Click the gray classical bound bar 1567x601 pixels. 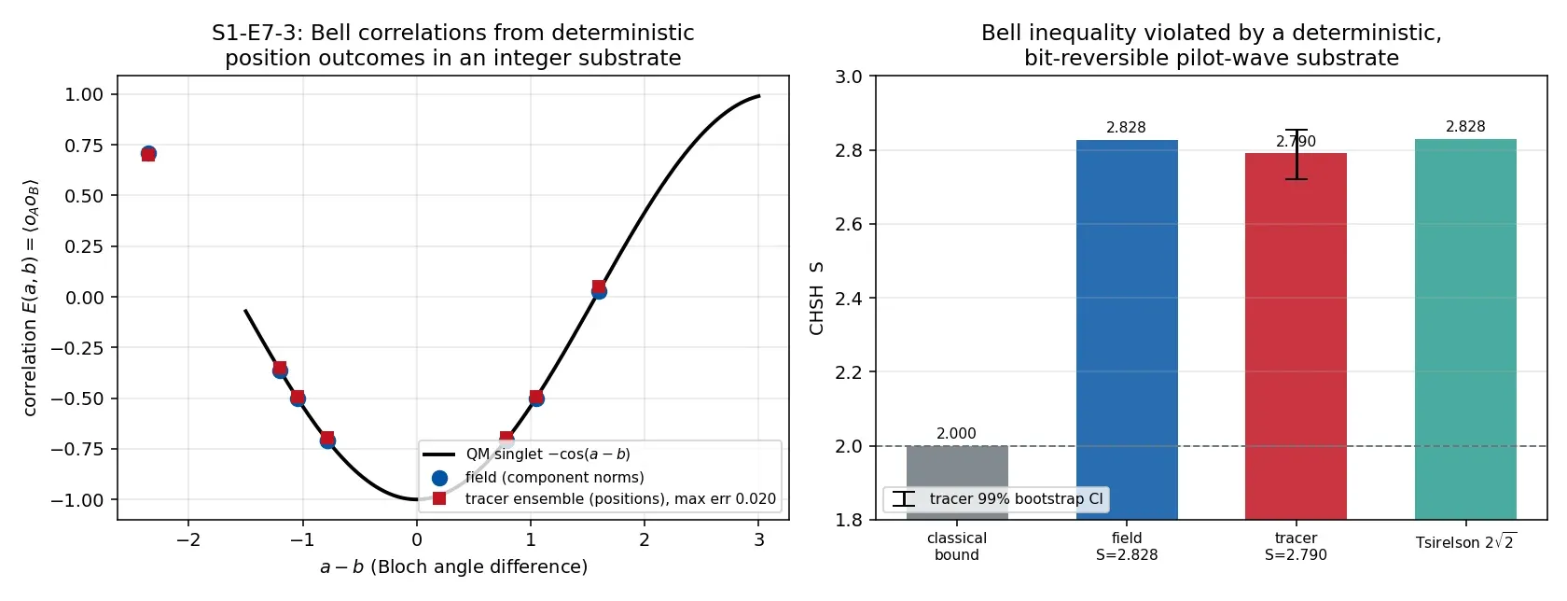[x=957, y=482]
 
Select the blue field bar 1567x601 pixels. [x=1127, y=329]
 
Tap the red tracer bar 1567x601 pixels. [x=1296, y=336]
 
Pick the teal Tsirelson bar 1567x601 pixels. [x=1465, y=328]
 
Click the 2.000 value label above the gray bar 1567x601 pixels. [x=956, y=434]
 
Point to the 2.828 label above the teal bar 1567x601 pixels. [x=1465, y=127]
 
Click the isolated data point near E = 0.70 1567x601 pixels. [x=148, y=153]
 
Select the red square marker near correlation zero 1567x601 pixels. [x=599, y=287]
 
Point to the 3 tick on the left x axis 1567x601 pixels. [x=758, y=540]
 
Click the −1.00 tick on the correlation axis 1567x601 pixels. [x=77, y=500]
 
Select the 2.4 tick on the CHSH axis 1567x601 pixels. [x=850, y=299]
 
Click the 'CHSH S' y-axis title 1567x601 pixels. [x=815, y=298]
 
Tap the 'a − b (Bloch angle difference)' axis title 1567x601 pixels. [x=453, y=566]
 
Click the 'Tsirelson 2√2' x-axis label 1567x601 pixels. [x=1465, y=542]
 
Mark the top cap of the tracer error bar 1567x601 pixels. [x=1297, y=130]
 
